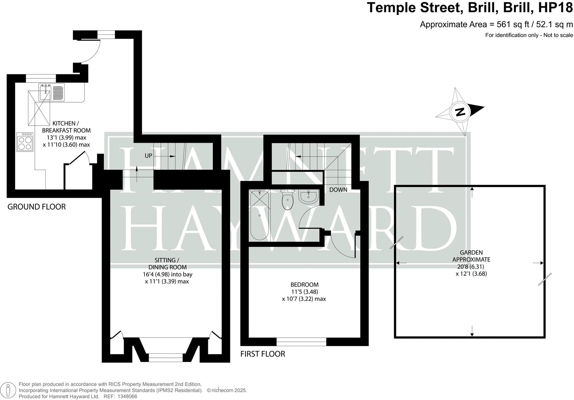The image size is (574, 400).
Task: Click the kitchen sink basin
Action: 45,92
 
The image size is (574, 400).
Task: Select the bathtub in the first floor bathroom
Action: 259,216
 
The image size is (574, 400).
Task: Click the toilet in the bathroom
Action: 287,200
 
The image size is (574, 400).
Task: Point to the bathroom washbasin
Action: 309,197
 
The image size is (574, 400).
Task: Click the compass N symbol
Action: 460,112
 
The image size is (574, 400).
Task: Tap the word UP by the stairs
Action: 149,156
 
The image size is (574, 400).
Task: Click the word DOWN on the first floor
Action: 338,190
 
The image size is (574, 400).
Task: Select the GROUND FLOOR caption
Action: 37,207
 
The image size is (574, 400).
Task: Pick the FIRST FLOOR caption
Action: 263,354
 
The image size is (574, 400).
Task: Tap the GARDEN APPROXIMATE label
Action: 471,256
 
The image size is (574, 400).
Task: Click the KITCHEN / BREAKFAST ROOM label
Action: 66,127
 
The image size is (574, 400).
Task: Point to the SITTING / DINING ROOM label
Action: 167,264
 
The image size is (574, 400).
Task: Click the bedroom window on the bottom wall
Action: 301,341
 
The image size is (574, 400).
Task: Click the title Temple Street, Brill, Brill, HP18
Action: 469,8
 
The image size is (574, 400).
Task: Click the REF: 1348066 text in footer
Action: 119,397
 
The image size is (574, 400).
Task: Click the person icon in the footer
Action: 9,390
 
